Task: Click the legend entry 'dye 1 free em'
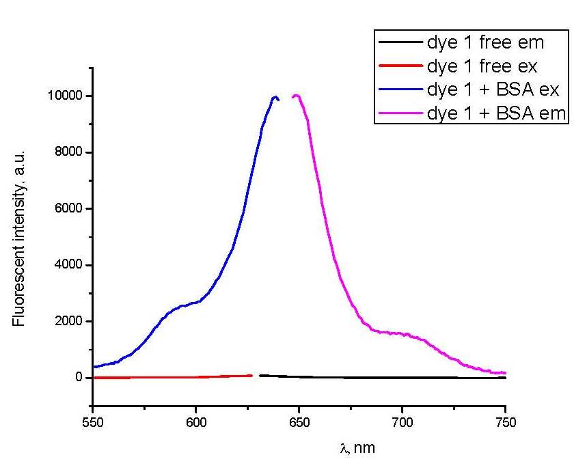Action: [485, 43]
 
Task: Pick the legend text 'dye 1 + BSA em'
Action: [497, 113]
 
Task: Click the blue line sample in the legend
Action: [400, 90]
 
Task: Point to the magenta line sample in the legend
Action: [400, 113]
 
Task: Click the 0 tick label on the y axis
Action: [79, 378]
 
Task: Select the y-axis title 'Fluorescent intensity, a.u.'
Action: [19, 236]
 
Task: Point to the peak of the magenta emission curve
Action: [297, 96]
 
